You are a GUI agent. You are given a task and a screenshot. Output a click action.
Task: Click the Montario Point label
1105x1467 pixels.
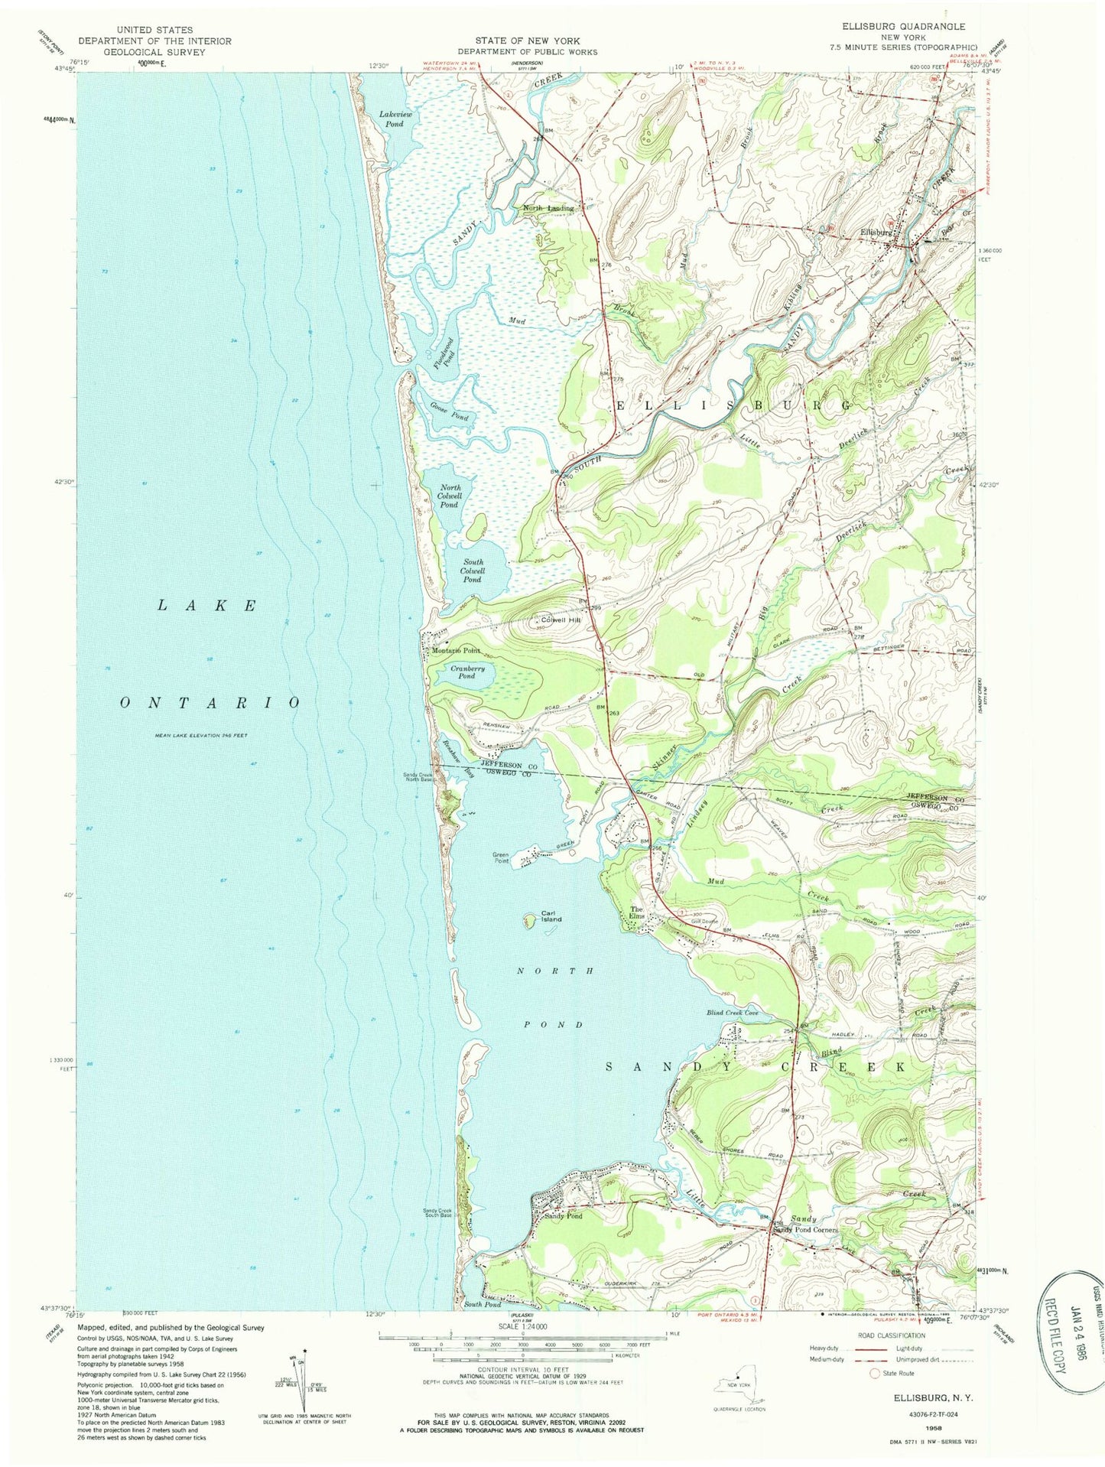tap(457, 651)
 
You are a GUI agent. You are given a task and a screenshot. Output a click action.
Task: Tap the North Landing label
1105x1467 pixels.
tap(548, 208)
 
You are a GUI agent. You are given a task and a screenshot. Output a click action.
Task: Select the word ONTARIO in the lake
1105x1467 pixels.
tap(210, 702)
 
